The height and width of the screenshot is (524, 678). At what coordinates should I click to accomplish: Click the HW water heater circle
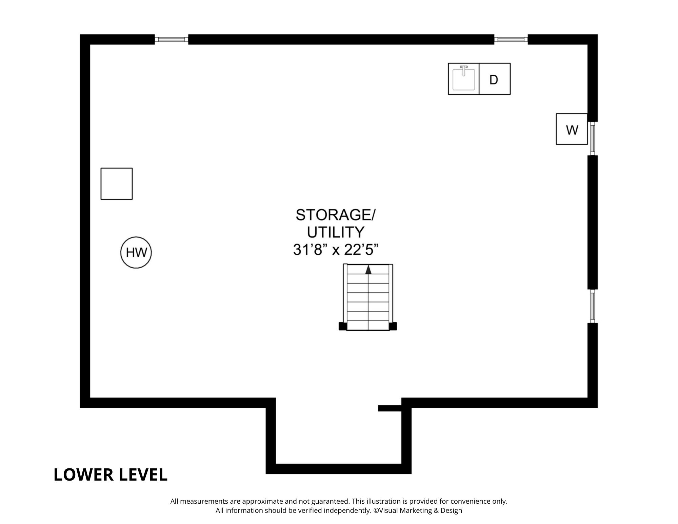(x=136, y=252)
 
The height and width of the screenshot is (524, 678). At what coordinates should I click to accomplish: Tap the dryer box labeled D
(x=494, y=79)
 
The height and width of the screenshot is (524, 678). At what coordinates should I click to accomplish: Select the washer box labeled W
(x=572, y=129)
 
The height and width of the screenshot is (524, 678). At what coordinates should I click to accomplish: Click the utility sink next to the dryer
(x=463, y=79)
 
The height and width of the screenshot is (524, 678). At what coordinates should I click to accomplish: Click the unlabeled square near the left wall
(x=116, y=183)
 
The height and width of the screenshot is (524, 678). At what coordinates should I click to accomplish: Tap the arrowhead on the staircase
(x=368, y=270)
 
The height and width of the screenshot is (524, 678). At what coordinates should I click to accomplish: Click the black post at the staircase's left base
(x=343, y=326)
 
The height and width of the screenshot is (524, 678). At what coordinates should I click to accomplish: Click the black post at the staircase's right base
(x=393, y=326)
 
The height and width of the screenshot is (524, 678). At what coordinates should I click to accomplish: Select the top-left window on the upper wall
(x=171, y=39)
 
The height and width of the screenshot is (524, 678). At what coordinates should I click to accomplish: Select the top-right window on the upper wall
(x=511, y=39)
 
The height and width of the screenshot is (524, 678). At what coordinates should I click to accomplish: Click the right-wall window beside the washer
(x=592, y=138)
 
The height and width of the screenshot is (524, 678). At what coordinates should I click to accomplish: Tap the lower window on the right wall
(x=592, y=306)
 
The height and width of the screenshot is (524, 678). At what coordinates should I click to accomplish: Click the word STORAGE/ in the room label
(x=336, y=215)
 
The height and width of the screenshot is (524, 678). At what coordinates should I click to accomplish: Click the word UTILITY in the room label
(x=336, y=232)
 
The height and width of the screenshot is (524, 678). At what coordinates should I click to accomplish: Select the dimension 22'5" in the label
(x=361, y=250)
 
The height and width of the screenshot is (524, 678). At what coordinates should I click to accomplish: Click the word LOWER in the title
(x=84, y=474)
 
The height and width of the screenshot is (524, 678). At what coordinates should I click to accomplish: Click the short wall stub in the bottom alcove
(x=390, y=408)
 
